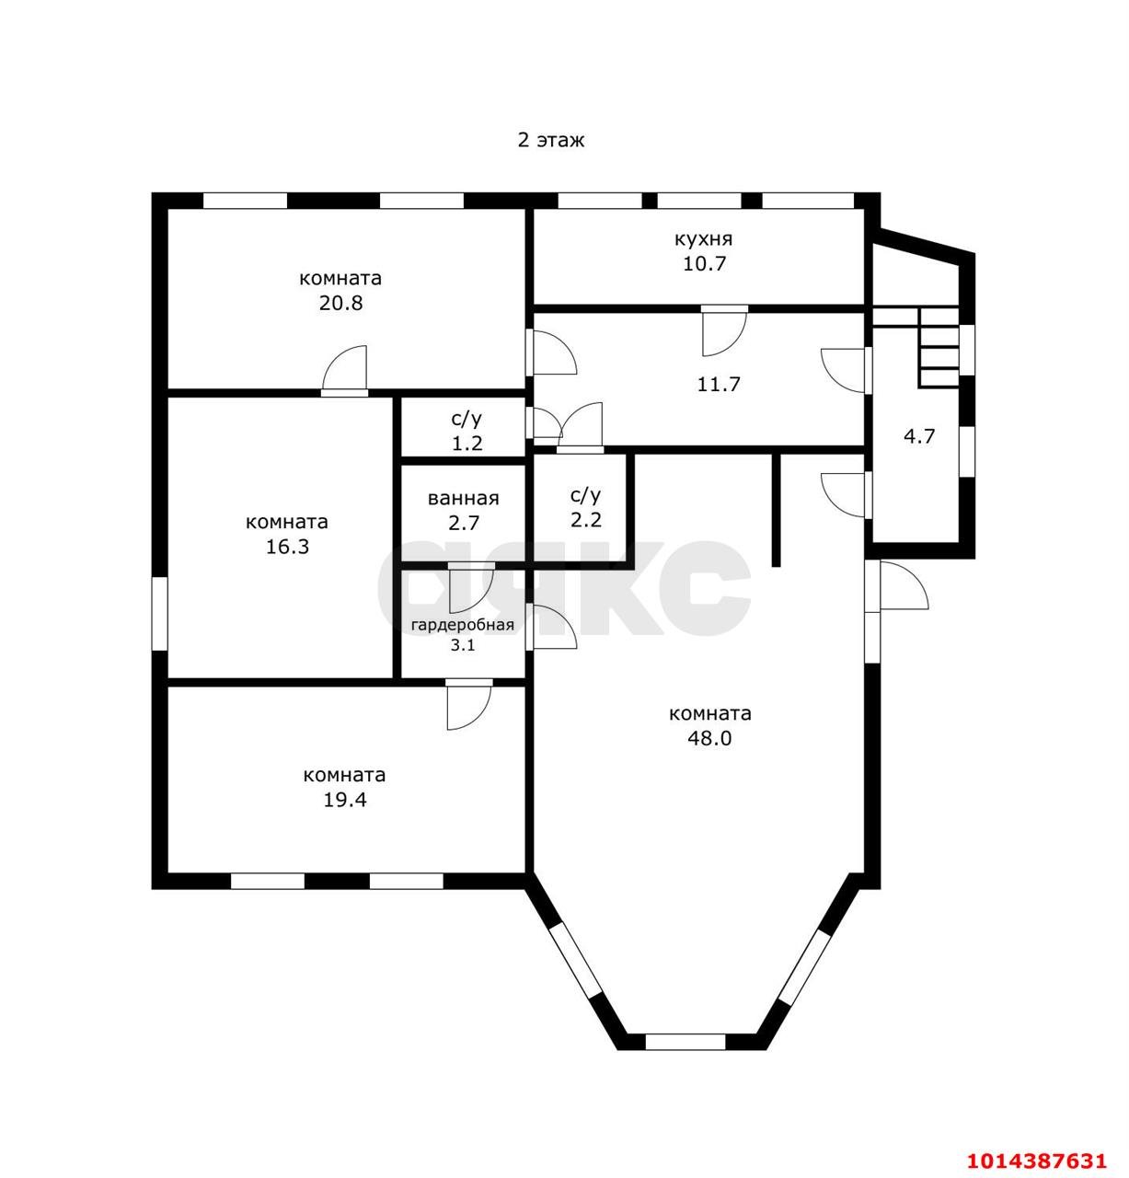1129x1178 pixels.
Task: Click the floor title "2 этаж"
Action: point(550,140)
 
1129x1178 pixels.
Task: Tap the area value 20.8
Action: point(340,302)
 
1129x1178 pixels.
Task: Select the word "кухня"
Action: point(703,238)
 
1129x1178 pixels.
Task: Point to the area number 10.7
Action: point(704,263)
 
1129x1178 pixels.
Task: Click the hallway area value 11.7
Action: point(719,384)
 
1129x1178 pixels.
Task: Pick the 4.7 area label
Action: point(919,436)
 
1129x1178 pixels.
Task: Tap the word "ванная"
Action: point(463,498)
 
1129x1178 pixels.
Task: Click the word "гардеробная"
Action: point(463,625)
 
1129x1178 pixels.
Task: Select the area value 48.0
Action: point(709,738)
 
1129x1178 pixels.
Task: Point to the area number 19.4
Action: point(344,800)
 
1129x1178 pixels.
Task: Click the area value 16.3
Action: point(288,547)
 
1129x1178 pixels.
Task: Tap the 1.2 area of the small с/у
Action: point(467,444)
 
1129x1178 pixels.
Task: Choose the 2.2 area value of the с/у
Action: point(585,520)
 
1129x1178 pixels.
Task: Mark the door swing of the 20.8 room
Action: point(344,370)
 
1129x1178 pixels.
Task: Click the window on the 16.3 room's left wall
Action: point(159,613)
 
